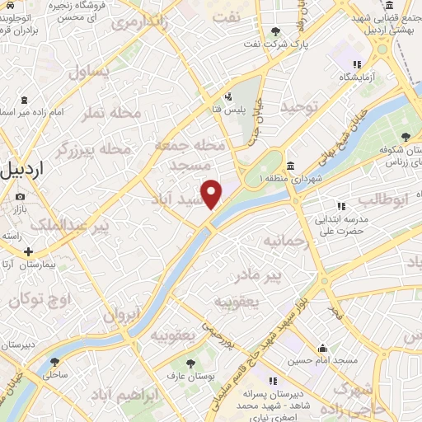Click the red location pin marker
[x=212, y=194]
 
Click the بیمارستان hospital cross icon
[x=29, y=251]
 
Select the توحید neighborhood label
[x=298, y=108]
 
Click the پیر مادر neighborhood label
[x=277, y=272]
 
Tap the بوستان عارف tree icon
[x=190, y=363]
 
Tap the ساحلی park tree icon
[x=55, y=361]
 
